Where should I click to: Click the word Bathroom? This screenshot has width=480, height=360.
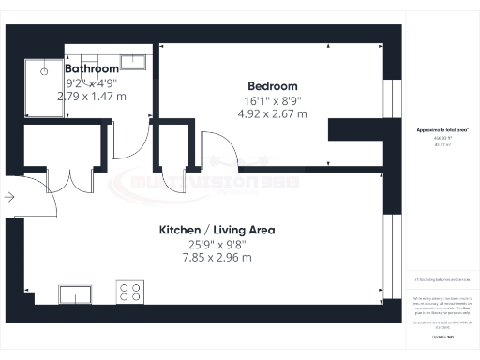coord(92,68)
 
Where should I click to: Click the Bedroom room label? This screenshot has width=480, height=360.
coord(272,85)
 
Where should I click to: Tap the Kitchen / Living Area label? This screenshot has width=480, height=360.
coord(217,229)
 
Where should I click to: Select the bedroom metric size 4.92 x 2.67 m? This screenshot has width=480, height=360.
coord(272,114)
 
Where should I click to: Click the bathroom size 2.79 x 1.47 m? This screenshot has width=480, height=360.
coord(92,96)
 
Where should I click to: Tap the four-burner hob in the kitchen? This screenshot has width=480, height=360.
coord(128,292)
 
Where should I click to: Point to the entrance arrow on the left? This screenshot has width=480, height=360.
coord(8,197)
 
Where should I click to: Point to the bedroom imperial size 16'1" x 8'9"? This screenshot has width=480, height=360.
coord(272,99)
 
